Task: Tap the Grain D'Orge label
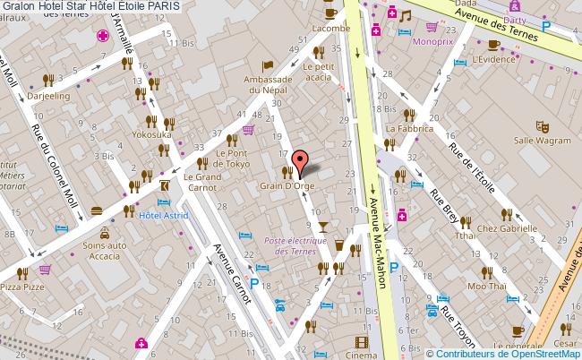287,186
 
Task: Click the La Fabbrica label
409,128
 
